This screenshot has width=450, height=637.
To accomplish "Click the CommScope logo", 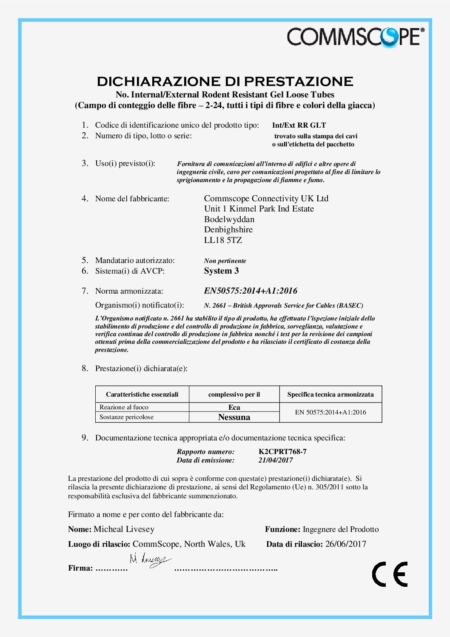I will tap(355, 37).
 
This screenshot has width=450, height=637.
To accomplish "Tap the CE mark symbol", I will tap(390, 574).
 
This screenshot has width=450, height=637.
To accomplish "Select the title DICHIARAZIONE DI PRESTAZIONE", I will tap(225, 81).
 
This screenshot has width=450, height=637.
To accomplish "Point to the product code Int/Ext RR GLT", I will tap(299, 125).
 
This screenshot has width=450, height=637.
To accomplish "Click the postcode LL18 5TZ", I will tap(223, 240).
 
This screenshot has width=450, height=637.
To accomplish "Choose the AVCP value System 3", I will tap(221, 271).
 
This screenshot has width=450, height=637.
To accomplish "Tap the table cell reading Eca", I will tap(234, 407).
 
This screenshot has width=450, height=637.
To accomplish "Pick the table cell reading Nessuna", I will tap(234, 417).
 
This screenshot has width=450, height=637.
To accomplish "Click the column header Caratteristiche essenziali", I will tap(142, 394).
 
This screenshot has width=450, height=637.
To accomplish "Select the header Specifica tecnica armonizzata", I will tap(330, 394).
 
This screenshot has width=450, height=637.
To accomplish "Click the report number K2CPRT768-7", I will tap(282, 451).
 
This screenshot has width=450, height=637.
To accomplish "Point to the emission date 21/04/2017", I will tap(276, 460).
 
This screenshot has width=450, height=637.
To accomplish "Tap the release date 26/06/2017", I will tap(345, 544).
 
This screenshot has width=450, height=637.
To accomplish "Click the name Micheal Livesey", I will tap(124, 529).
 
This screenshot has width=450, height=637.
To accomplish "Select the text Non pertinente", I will tap(225, 261).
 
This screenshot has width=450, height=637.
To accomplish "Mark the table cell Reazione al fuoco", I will tap(124, 407).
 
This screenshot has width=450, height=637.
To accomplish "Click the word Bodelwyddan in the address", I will tap(229, 219).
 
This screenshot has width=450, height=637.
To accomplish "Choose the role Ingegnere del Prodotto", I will tap(340, 529).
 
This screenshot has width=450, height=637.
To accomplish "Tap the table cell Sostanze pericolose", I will tap(126, 417).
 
